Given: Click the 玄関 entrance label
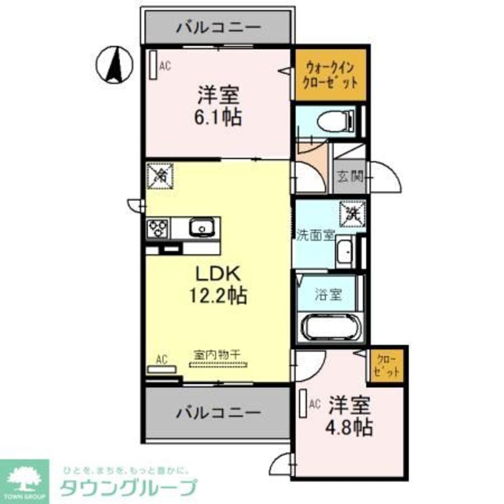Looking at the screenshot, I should pos(350,176).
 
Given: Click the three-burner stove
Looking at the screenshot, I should pos(158,229).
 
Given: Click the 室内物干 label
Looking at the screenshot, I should pos(217,354).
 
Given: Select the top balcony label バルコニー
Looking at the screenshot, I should pos(218,27).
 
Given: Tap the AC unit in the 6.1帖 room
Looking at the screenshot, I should pos(153,64).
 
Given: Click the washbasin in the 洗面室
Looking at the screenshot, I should pos(345,251).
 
